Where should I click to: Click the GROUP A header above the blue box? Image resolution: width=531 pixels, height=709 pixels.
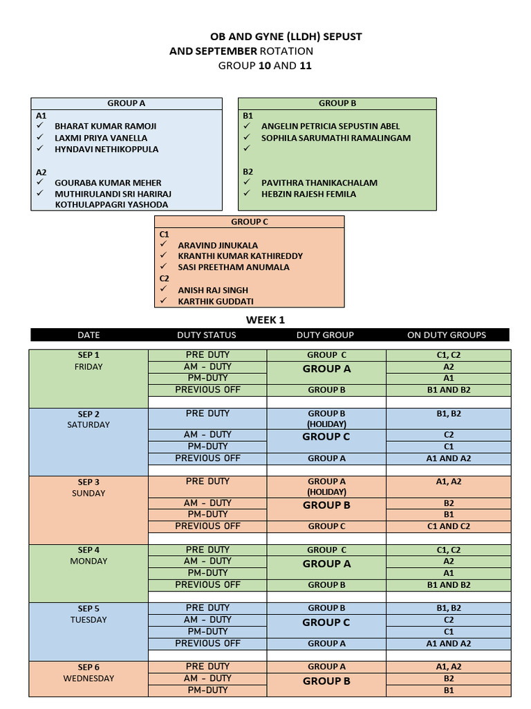[x=126, y=103]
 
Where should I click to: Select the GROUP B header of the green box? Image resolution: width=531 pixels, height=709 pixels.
[x=337, y=103]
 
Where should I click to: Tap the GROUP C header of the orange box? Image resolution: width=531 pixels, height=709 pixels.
[x=250, y=222]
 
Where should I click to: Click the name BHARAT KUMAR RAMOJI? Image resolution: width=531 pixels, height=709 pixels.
[x=106, y=126]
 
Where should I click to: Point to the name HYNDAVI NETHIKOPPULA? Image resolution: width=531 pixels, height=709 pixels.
[x=106, y=149]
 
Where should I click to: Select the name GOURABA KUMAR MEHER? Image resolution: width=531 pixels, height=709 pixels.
[x=108, y=183]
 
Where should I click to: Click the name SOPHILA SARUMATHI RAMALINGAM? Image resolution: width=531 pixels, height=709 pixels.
[x=335, y=138]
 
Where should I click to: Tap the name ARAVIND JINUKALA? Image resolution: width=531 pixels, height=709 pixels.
[x=218, y=245]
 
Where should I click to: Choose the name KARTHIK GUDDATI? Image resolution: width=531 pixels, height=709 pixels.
[x=215, y=301]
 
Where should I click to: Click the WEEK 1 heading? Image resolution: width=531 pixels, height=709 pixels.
[x=265, y=320]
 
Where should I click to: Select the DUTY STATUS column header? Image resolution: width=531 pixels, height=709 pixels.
[x=207, y=335]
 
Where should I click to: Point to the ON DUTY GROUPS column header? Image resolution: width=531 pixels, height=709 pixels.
[x=447, y=335]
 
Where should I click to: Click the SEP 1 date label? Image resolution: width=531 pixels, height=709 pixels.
[x=88, y=355]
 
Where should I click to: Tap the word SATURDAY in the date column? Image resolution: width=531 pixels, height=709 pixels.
[x=88, y=424]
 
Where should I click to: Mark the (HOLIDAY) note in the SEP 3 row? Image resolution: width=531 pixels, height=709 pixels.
[x=326, y=492]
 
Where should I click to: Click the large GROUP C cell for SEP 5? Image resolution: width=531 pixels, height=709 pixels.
[x=326, y=622]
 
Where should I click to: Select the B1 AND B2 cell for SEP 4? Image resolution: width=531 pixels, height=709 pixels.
[x=449, y=585]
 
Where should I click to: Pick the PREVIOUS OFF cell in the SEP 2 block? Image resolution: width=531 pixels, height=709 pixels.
[x=207, y=458]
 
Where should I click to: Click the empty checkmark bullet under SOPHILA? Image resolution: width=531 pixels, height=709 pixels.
[x=247, y=149]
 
